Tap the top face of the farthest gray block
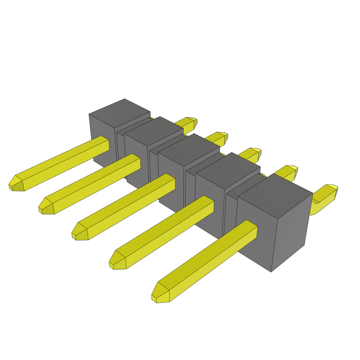click(x=120, y=112)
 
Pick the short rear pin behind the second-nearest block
click(x=287, y=172)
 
